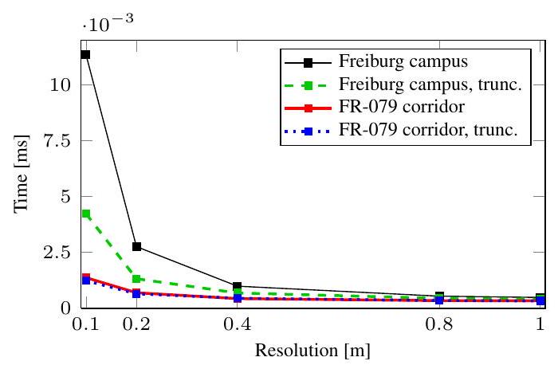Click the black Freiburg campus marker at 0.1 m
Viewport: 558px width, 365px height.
pyautogui.click(x=85, y=55)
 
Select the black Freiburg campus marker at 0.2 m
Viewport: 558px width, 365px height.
pyautogui.click(x=136, y=247)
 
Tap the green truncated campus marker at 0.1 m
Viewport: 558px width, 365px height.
pyautogui.click(x=85, y=214)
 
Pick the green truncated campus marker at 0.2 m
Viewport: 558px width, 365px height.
pyautogui.click(x=136, y=279)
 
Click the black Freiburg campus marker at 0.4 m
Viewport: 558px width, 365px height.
pyautogui.click(x=238, y=286)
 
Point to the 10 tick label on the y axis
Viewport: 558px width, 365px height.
pyautogui.click(x=64, y=84)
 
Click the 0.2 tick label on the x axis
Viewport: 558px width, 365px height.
pyautogui.click(x=136, y=324)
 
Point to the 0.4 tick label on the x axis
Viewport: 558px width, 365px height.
pyautogui.click(x=238, y=324)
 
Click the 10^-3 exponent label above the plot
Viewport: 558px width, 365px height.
pyautogui.click(x=108, y=24)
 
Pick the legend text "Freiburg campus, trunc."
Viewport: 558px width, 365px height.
pyautogui.click(x=430, y=84)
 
